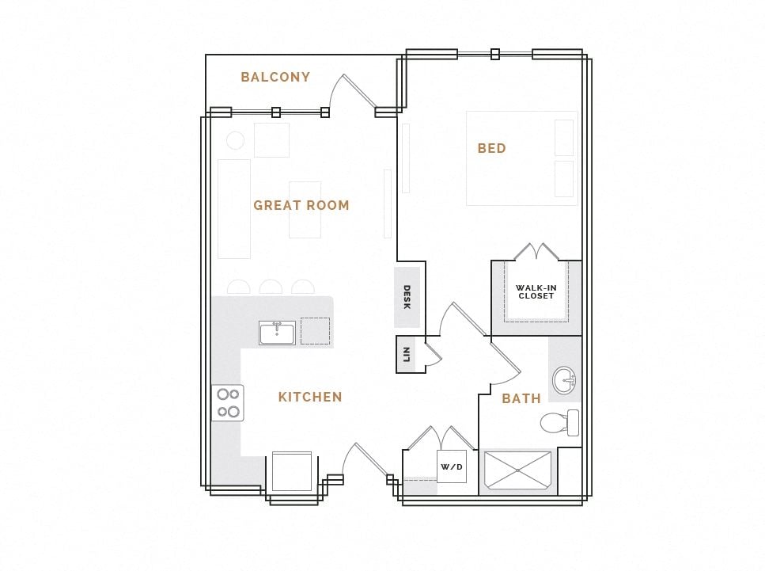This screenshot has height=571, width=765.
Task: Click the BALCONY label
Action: point(275,77)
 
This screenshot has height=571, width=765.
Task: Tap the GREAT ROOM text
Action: point(301,205)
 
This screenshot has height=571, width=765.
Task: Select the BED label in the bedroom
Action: point(491,148)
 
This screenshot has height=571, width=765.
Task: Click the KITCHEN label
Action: point(310,397)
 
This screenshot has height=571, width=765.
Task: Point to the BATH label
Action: point(521,398)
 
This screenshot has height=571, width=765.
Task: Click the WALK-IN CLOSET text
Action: point(536,291)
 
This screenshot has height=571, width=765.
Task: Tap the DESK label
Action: point(407,296)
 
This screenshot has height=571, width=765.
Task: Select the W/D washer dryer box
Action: point(451,466)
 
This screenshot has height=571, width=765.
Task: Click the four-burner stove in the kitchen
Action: point(228,402)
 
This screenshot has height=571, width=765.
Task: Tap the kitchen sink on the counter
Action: point(277,333)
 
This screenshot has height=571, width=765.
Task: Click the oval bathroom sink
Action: point(564,380)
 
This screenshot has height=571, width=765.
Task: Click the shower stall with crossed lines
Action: point(517,472)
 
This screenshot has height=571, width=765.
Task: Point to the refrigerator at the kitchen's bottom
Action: point(292,472)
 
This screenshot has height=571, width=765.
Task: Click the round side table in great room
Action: point(235,141)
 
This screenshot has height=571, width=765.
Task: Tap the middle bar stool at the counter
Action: point(271,287)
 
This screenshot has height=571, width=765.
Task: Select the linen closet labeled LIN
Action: point(406,353)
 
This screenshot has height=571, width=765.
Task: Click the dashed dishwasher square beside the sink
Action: point(315,331)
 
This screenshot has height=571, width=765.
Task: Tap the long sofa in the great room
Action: point(234,208)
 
